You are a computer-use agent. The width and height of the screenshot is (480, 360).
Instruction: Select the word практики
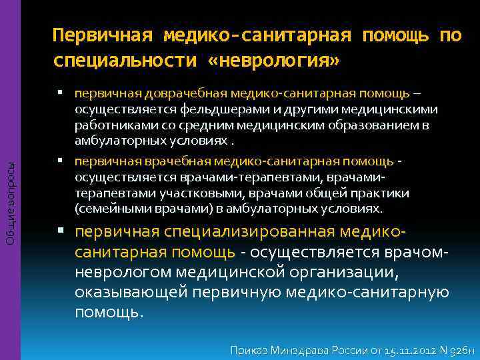pyautogui.click(x=377, y=193)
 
